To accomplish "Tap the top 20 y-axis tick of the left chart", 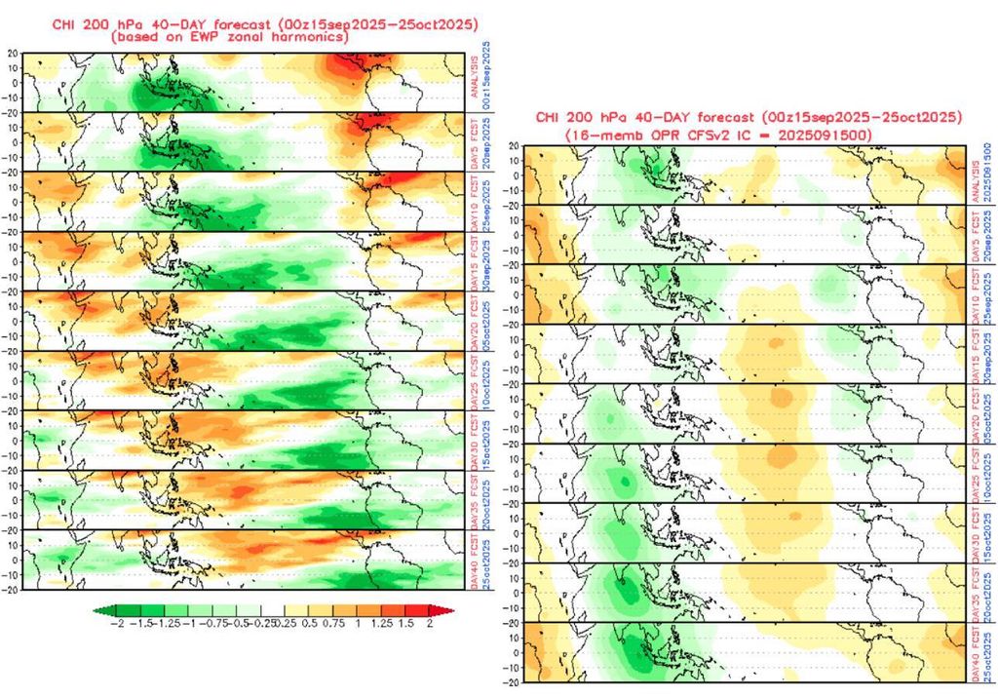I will (13, 56).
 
